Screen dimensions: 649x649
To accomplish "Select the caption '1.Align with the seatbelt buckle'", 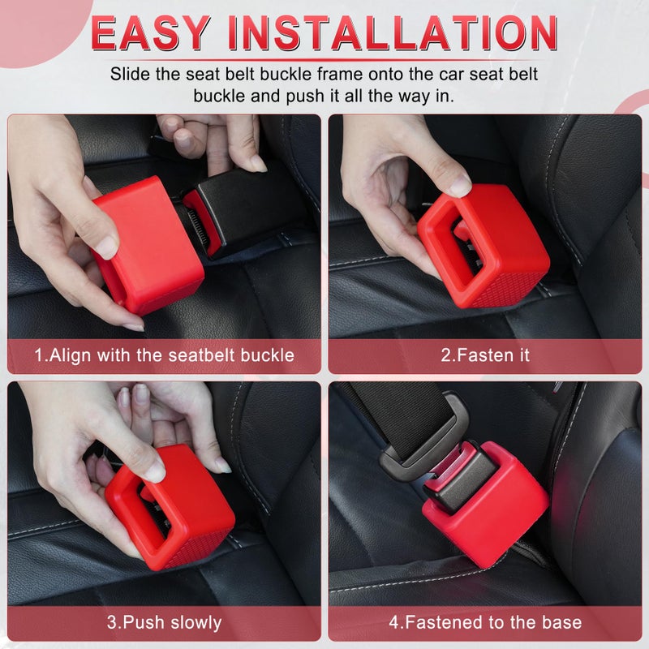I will [164, 355].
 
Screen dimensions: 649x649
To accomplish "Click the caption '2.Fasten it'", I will [484, 355].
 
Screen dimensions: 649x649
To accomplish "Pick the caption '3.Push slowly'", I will [164, 622].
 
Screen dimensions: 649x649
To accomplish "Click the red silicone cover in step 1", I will [150, 251].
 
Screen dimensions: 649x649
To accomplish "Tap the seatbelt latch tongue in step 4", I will [422, 454].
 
